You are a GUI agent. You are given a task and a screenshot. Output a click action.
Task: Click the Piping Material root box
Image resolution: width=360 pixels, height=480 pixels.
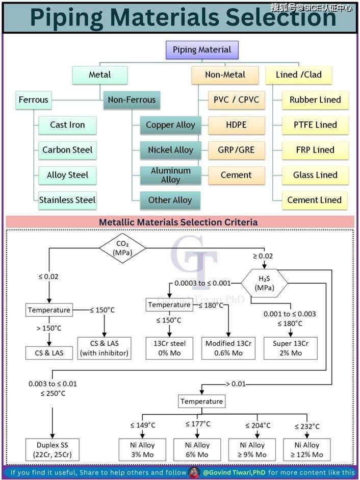202,49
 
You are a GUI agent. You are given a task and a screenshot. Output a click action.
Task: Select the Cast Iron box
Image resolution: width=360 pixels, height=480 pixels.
67,125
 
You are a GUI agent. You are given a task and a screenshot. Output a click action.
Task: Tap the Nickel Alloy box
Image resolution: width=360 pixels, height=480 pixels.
170,150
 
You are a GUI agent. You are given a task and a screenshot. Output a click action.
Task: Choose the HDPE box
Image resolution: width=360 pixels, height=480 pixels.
236,125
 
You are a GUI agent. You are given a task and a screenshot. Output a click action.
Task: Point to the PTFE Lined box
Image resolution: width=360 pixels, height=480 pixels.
315,125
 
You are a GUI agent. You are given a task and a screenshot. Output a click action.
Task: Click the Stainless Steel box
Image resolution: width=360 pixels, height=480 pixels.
67,200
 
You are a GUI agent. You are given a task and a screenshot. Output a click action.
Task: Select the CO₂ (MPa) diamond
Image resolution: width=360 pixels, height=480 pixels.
122,248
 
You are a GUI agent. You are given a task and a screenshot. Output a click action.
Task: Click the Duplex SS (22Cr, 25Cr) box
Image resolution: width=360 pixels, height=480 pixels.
53,449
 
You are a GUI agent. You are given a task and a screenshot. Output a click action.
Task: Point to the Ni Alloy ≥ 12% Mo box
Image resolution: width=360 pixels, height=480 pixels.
306,449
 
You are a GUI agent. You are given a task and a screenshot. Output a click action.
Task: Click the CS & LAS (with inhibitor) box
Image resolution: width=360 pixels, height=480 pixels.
104,347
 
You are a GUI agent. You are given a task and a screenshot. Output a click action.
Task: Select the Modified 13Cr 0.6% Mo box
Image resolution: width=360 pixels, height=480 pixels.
227,347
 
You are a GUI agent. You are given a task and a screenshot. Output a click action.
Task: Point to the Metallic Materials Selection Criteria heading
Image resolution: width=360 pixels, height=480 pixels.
178,222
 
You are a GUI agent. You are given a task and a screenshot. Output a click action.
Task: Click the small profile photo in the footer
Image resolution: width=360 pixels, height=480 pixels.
194,472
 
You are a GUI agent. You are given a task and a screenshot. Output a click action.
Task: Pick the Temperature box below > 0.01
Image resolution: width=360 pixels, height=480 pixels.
201,401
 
